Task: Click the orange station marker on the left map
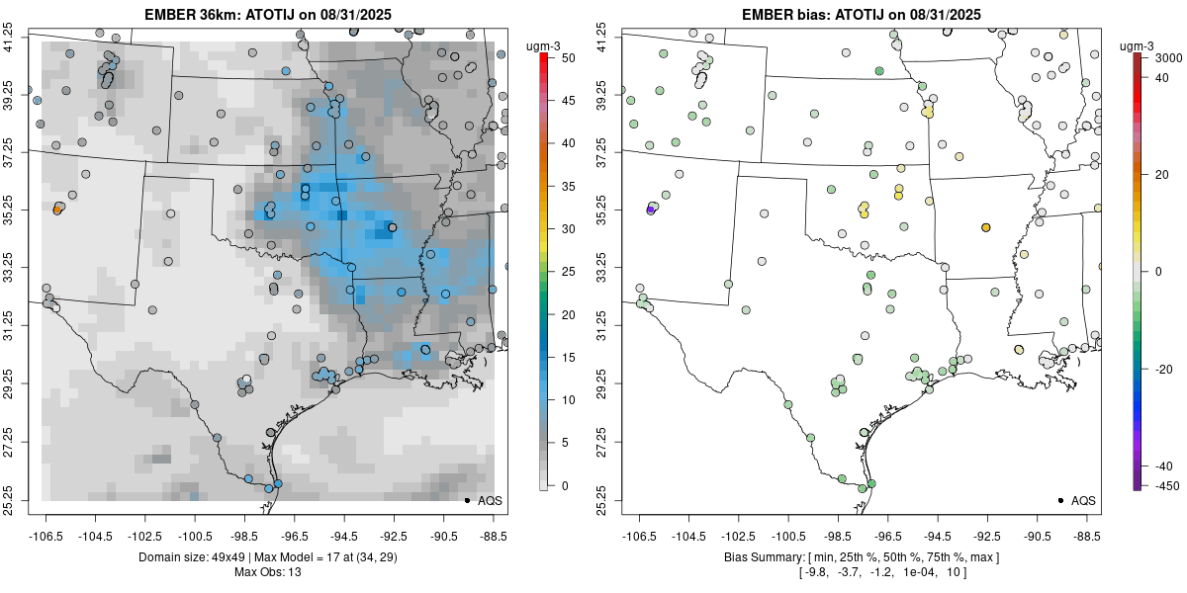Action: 57,211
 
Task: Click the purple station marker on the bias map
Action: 651,210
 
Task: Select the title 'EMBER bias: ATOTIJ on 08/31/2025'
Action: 862,14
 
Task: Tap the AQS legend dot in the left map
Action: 466,501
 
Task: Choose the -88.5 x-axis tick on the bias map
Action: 1087,536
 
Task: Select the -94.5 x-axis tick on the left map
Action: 344,536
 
